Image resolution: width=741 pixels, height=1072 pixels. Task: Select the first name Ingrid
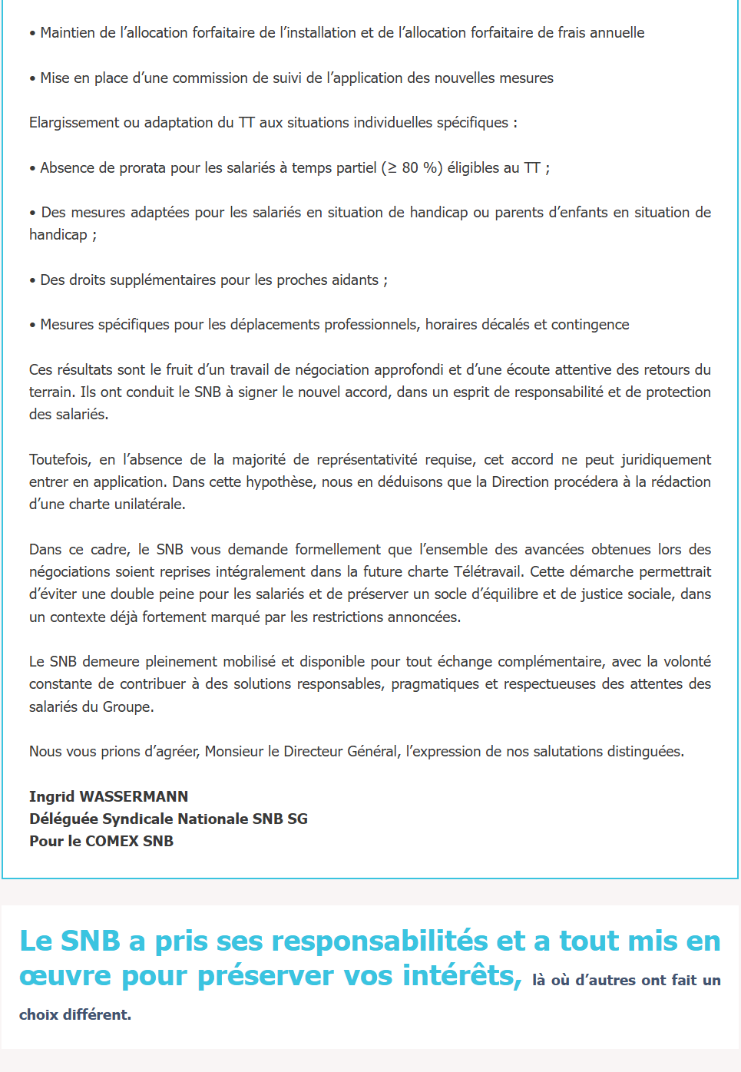(51, 796)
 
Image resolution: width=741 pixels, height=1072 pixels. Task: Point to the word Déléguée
(63, 819)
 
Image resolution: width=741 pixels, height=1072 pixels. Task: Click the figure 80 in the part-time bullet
(410, 167)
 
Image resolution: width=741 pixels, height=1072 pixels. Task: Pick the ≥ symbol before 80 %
(392, 167)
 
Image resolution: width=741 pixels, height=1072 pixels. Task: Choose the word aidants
(354, 280)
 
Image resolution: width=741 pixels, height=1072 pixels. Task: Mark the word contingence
(590, 324)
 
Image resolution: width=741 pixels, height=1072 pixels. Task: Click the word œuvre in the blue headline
(66, 976)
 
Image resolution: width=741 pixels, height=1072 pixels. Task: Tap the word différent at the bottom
(96, 1014)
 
